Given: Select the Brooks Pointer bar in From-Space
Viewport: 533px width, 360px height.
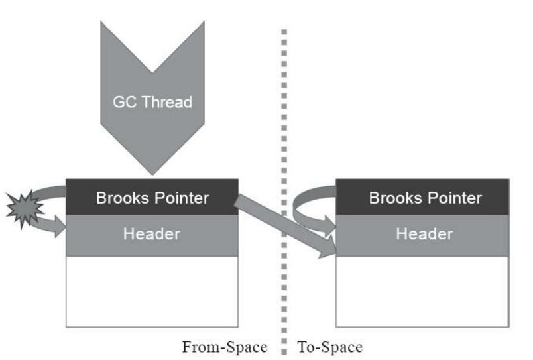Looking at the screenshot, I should pos(152,197).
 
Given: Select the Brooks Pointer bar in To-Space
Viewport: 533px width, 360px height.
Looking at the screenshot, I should pos(424,197).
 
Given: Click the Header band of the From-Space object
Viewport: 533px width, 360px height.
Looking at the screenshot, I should pos(152,234).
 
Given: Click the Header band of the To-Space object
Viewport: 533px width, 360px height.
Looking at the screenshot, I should pos(424,234).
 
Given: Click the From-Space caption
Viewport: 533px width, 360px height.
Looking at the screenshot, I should pos(225,346).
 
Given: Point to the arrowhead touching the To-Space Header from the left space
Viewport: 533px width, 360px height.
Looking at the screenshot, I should pos(327,249).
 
